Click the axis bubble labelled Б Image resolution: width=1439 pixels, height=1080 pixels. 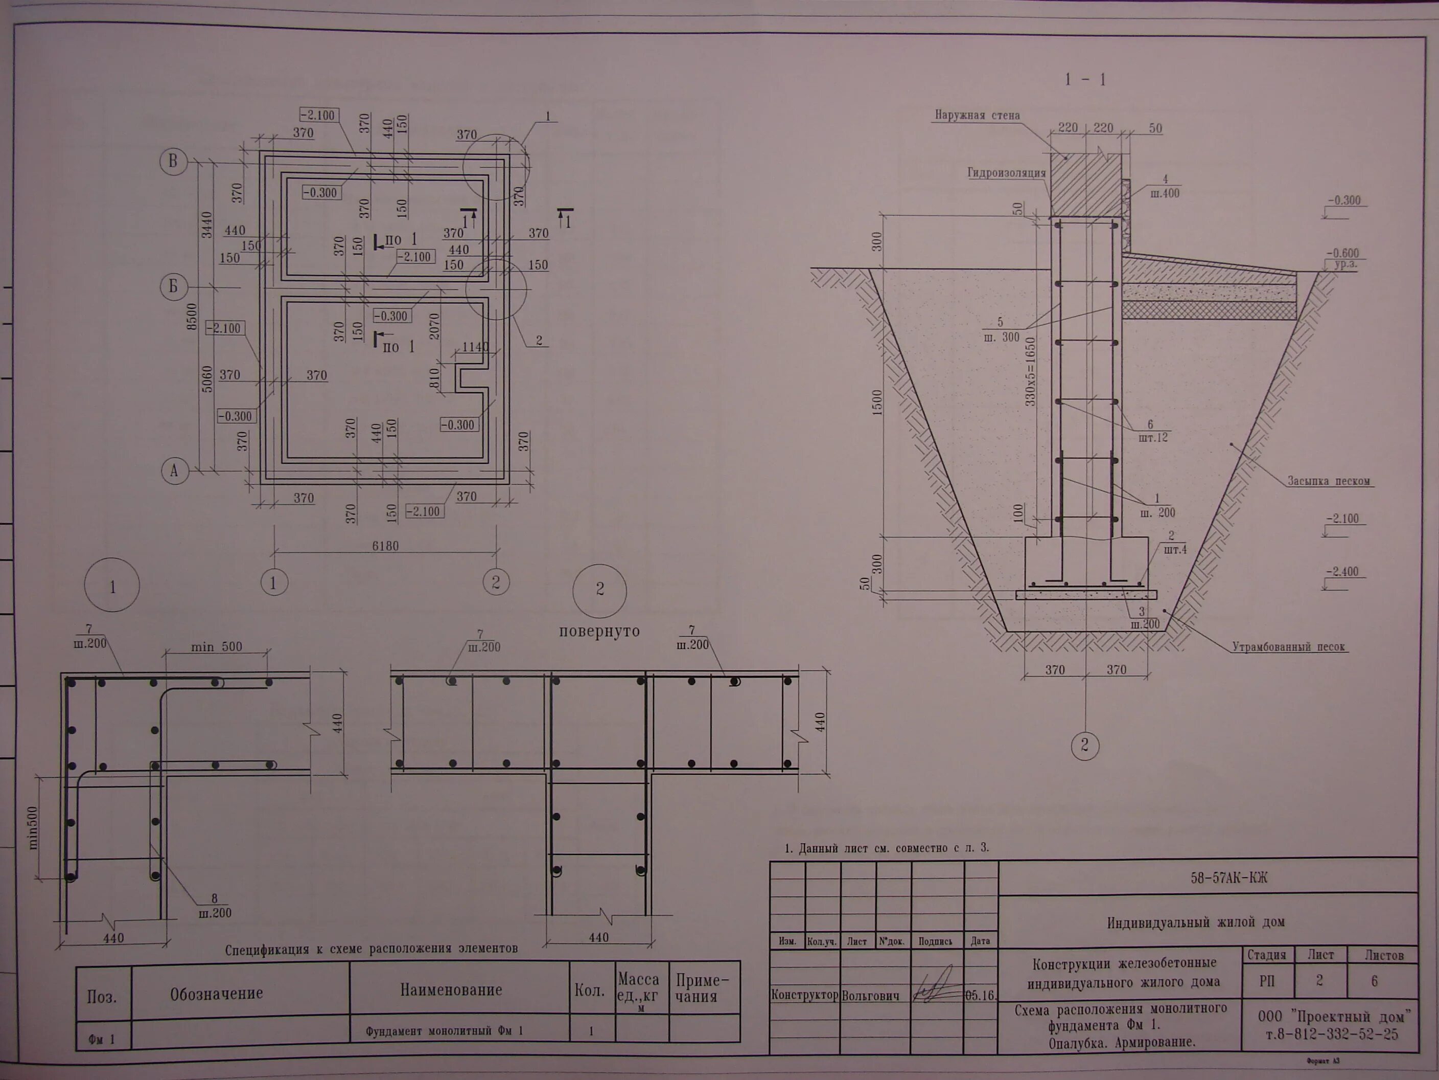(173, 287)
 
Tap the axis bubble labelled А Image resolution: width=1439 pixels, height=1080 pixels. (174, 470)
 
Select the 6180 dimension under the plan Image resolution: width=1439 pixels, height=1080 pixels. (385, 546)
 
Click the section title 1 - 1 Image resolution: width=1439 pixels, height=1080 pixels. (1085, 80)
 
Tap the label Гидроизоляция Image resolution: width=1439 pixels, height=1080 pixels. (1006, 173)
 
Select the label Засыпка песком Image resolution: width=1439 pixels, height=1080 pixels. (1329, 482)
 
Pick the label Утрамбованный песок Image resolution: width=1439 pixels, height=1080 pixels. (1289, 647)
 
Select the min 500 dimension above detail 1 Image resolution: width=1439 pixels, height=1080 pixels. (216, 647)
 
